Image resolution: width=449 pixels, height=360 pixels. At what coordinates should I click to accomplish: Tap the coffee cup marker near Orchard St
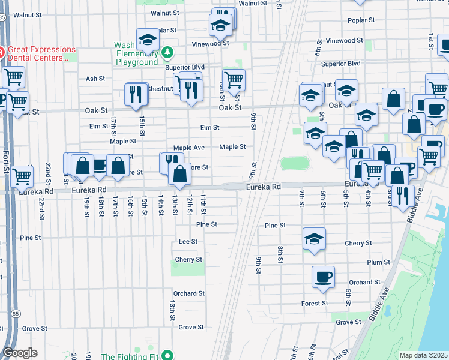coord(323,277)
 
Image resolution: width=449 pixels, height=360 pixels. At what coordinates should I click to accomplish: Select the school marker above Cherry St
coord(314,238)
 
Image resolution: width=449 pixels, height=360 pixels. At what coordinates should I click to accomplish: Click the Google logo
coord(20,353)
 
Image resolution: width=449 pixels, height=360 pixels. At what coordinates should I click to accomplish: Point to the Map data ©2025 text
coord(423,355)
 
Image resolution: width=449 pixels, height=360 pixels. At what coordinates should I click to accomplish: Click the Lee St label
coord(188,241)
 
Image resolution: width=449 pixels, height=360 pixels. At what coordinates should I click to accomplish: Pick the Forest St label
coord(315,304)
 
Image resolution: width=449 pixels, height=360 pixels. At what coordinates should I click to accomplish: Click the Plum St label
coord(378,262)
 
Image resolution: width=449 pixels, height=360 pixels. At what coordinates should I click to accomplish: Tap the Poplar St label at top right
coord(361,20)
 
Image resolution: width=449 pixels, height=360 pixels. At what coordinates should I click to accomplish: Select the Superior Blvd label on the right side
coord(340,63)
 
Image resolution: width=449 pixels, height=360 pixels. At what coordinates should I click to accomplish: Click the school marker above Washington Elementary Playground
coord(147,40)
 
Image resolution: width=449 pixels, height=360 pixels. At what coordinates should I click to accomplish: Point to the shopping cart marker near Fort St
coord(22,176)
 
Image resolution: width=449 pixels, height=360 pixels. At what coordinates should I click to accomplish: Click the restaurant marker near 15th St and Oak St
coord(137,94)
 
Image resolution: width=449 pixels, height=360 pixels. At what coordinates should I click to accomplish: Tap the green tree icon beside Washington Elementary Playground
coord(167,52)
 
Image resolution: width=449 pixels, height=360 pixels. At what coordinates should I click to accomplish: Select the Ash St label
coord(95,79)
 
